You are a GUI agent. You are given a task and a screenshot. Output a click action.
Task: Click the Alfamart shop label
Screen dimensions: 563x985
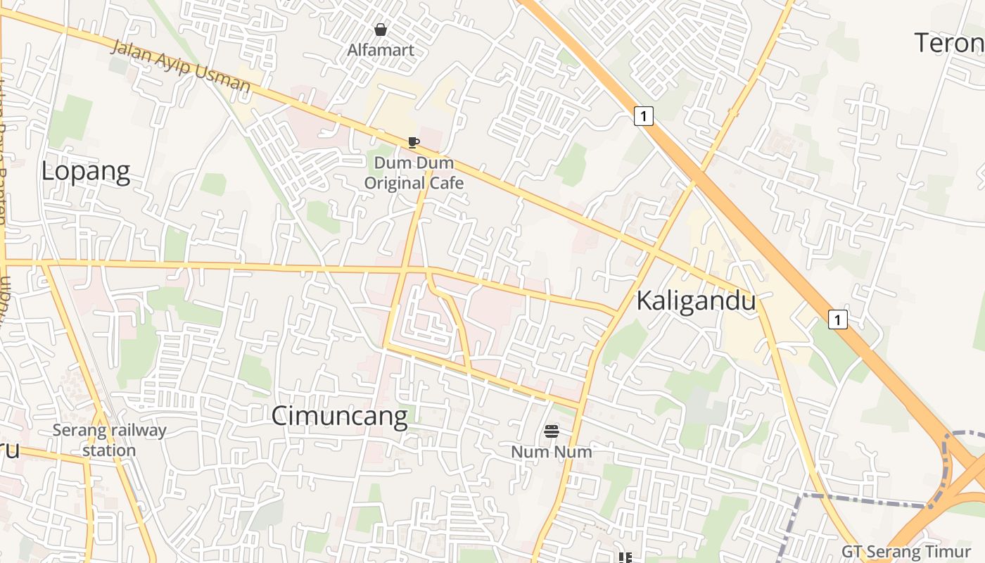tap(381, 50)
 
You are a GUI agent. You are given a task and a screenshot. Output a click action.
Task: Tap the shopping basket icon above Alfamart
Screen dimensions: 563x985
tap(381, 30)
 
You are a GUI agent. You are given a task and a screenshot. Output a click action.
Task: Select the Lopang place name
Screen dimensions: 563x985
tap(86, 172)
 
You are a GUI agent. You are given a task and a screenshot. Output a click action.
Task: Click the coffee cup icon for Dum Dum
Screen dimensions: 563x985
tap(414, 143)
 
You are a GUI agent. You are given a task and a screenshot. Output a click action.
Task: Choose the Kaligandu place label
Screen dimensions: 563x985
tap(696, 301)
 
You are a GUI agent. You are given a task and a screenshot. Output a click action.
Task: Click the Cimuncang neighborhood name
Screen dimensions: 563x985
tap(339, 416)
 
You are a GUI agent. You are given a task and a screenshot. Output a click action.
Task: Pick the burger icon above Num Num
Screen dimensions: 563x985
tap(552, 431)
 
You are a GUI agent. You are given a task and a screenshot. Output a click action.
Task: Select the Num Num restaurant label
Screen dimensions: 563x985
tap(552, 451)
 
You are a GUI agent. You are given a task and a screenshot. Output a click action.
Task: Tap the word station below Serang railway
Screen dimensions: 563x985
tap(109, 450)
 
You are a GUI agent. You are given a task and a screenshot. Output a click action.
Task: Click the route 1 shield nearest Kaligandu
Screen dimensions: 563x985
tap(837, 320)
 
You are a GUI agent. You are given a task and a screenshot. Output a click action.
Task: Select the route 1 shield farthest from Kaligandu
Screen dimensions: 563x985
tap(643, 115)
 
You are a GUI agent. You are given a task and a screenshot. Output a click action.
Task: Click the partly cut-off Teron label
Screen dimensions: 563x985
tap(949, 44)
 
